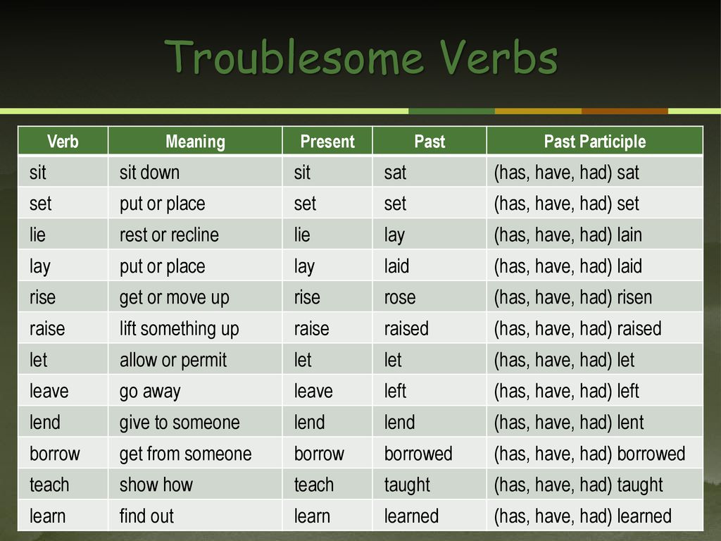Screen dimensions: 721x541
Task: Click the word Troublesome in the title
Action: pyautogui.click(x=294, y=58)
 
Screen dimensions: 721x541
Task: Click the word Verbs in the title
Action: pyautogui.click(x=499, y=58)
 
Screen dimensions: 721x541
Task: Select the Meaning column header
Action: pyautogui.click(x=196, y=141)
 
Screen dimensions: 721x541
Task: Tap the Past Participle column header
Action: pyautogui.click(x=594, y=141)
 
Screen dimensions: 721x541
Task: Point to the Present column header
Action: pyautogui.click(x=327, y=141)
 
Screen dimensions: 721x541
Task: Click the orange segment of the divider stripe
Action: pyautogui.click(x=625, y=111)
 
